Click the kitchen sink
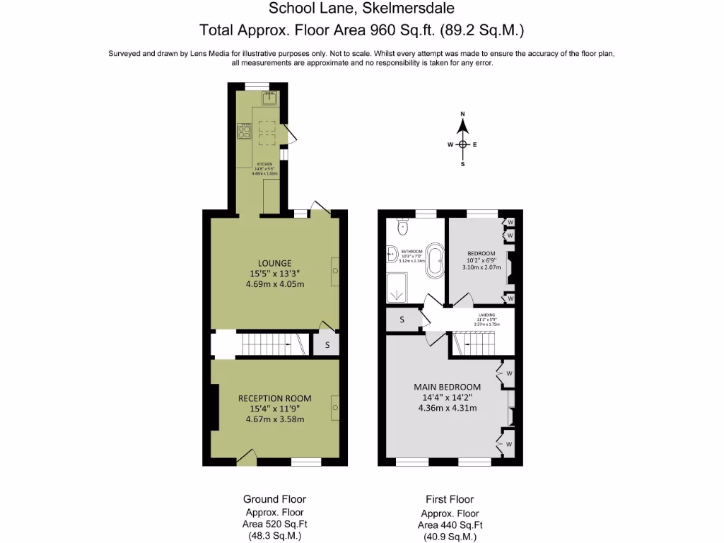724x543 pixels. [267, 99]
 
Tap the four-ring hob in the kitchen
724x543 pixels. [244, 131]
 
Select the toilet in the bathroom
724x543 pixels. [402, 226]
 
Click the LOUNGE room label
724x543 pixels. [275, 263]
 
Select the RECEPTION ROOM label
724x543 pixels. [274, 397]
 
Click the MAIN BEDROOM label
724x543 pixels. [447, 387]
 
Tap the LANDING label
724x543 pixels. [486, 315]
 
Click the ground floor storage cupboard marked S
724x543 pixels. [327, 345]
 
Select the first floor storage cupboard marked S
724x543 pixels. [402, 319]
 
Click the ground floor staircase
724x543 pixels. [269, 344]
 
